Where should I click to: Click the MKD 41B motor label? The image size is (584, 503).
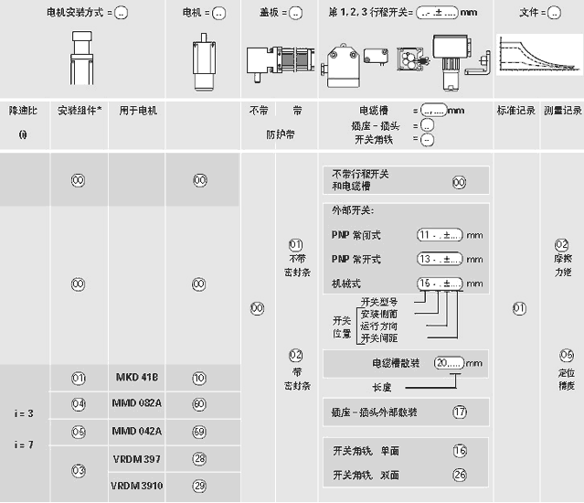point(138,378)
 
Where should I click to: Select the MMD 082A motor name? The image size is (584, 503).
point(138,403)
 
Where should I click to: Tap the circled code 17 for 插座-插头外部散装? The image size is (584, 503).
point(459,412)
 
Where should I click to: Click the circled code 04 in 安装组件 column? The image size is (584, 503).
point(79,403)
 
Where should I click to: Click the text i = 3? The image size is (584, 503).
point(24,413)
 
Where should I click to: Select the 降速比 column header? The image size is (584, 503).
point(24,110)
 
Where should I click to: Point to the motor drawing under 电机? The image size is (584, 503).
point(202,57)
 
